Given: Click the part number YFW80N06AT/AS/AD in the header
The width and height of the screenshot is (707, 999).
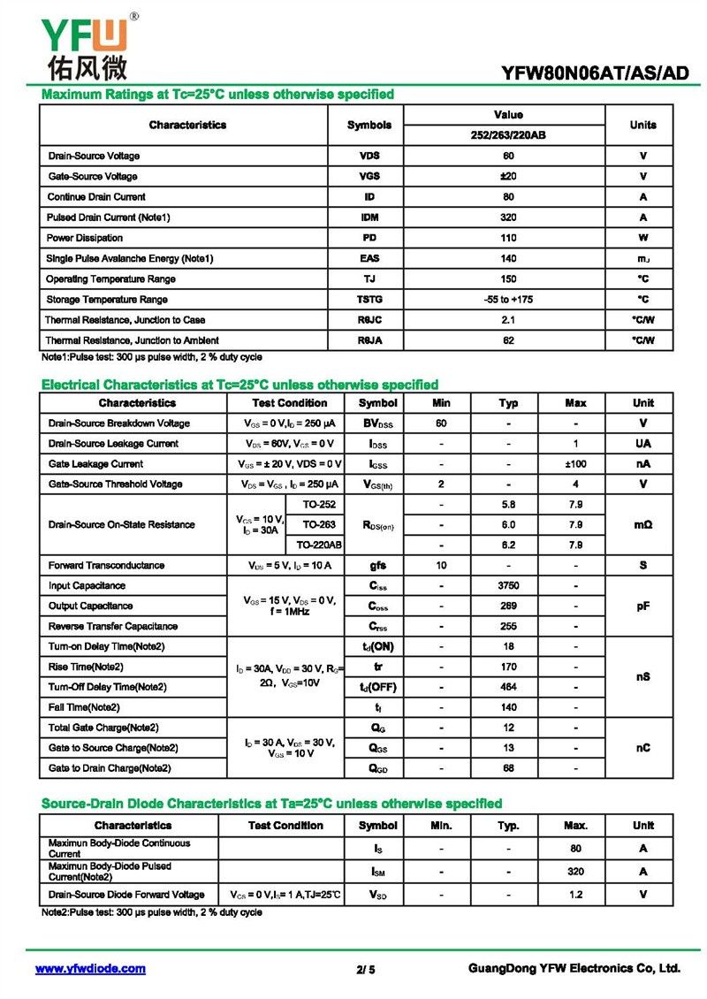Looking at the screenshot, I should tap(595, 73).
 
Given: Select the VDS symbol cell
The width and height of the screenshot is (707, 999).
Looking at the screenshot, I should tap(369, 156).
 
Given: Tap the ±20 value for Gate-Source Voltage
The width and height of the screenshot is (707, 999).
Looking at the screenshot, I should tap(508, 176).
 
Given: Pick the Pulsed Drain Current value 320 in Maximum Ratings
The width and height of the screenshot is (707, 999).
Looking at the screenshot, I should tap(508, 217).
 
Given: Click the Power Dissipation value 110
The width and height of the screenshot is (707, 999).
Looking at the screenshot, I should tap(508, 238).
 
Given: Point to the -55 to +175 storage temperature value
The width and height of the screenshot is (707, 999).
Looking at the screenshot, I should tap(508, 299).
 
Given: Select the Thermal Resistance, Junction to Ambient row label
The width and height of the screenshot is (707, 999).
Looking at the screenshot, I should tap(133, 340).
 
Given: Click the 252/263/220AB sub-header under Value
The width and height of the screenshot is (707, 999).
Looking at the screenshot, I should tap(508, 135).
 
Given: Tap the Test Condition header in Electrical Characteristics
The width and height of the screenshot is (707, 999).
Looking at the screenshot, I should tap(290, 403).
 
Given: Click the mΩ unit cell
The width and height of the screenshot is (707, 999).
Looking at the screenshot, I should tap(642, 524).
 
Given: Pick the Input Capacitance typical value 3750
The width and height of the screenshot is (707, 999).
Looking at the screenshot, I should tap(508, 585).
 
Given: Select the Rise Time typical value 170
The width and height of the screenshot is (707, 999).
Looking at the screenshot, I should tap(508, 667).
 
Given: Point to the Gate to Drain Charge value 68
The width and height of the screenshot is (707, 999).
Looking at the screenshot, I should tap(508, 768).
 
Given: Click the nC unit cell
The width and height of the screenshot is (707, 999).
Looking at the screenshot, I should tap(642, 748).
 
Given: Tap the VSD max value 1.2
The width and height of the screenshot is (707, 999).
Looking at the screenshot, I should tap(575, 894).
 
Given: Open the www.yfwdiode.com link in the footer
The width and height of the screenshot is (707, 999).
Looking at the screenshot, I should tap(90, 969).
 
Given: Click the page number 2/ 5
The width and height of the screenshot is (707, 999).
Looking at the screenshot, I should tap(366, 970).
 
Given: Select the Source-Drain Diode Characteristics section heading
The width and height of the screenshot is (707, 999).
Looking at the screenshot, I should tap(272, 804).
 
